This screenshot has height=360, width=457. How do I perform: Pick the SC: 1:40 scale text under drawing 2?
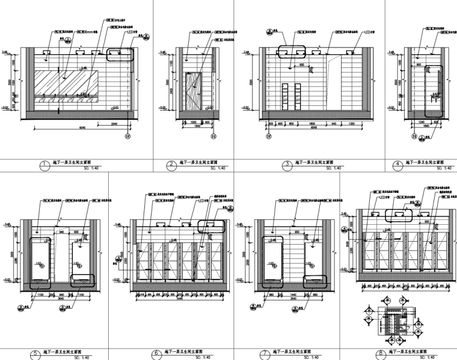(193, 169)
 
